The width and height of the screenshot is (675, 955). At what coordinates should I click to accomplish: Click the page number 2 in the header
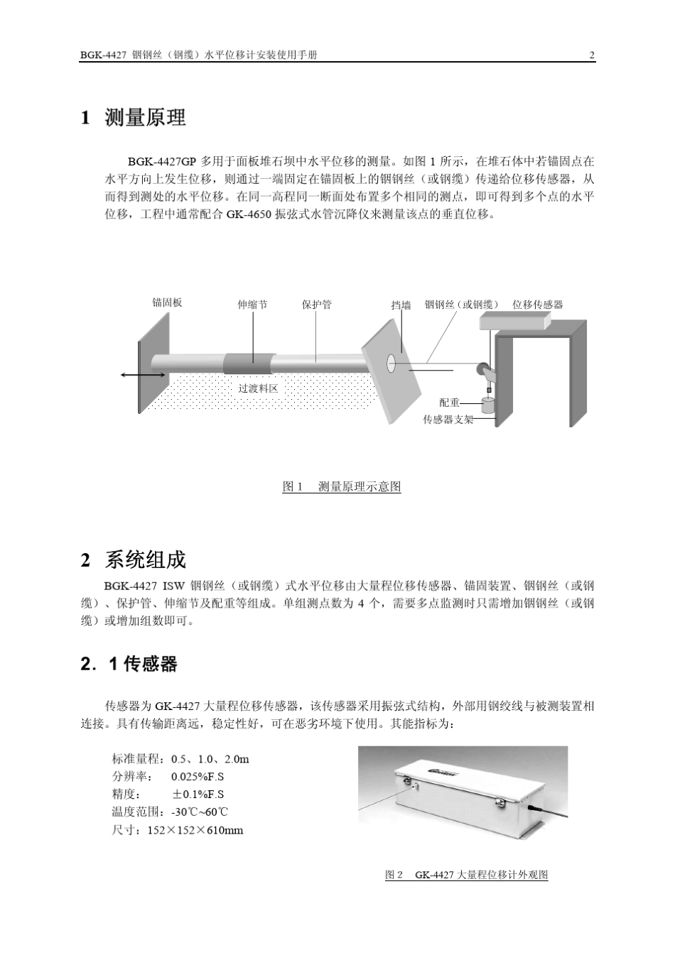(592, 55)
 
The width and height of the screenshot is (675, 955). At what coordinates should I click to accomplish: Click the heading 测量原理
(145, 118)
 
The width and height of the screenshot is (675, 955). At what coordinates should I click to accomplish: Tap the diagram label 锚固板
(168, 302)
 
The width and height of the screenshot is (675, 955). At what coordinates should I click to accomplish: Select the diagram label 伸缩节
(252, 305)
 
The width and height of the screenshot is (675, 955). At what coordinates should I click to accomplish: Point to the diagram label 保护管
(316, 305)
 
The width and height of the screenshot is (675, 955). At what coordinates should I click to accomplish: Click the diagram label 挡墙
(401, 305)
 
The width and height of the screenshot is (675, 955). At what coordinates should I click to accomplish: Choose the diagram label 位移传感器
(537, 305)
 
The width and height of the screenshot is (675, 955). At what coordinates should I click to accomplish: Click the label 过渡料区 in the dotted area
(258, 388)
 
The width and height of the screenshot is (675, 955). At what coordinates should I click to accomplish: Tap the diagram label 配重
(449, 403)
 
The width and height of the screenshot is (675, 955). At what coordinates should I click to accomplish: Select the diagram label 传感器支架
(448, 420)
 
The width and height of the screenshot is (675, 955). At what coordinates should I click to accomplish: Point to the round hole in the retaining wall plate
(391, 364)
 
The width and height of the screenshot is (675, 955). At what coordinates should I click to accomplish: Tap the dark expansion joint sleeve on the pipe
(249, 364)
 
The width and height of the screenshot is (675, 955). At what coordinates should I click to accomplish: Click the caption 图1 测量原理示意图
(342, 486)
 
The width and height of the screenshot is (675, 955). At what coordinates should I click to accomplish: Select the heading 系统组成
(145, 560)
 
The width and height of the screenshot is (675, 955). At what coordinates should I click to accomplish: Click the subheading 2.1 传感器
(129, 665)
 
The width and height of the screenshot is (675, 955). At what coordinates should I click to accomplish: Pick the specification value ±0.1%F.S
(198, 795)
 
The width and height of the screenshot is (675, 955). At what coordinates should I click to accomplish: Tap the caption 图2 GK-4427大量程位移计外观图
(466, 875)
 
